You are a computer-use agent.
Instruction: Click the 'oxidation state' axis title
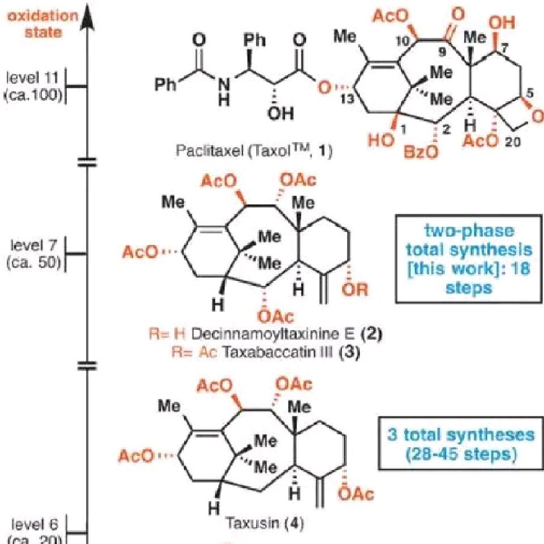[44, 23]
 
